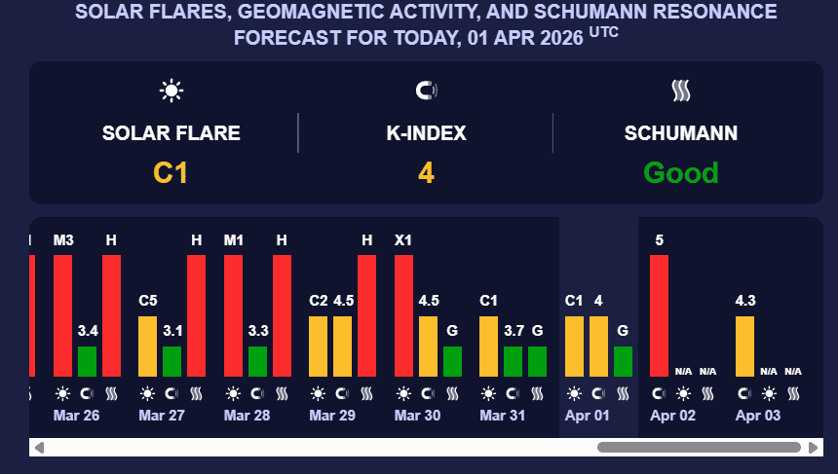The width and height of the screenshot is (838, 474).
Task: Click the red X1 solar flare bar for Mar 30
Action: click(x=403, y=315)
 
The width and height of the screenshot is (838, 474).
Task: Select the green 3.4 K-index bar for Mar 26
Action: click(x=88, y=361)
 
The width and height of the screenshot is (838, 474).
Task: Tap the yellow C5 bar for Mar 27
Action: click(x=147, y=346)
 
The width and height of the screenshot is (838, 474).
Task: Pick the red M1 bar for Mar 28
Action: click(x=233, y=315)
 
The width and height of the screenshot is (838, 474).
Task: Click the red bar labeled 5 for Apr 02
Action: click(x=660, y=315)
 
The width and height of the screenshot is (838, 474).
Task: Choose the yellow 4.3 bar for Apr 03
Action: click(x=744, y=346)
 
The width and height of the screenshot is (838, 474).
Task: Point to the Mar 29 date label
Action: click(x=331, y=416)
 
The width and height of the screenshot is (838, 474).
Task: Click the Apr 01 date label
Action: click(x=588, y=416)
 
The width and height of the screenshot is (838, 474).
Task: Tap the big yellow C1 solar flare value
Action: click(x=171, y=173)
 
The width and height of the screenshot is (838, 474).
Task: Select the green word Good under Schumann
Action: click(x=681, y=173)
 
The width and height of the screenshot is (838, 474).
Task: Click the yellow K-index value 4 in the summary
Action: click(x=426, y=173)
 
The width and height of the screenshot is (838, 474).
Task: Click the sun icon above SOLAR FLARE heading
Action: click(x=171, y=91)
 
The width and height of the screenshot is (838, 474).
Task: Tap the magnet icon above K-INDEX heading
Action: click(x=426, y=91)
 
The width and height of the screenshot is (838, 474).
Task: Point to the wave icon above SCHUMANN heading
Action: click(x=681, y=91)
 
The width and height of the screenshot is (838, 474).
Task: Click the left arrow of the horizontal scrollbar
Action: click(x=39, y=448)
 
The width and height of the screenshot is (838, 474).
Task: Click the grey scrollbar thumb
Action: click(x=699, y=448)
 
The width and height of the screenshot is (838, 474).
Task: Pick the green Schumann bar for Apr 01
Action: click(x=623, y=361)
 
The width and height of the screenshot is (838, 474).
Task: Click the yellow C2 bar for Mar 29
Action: click(x=318, y=346)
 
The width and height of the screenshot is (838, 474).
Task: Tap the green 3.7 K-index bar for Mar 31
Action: click(x=514, y=361)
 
